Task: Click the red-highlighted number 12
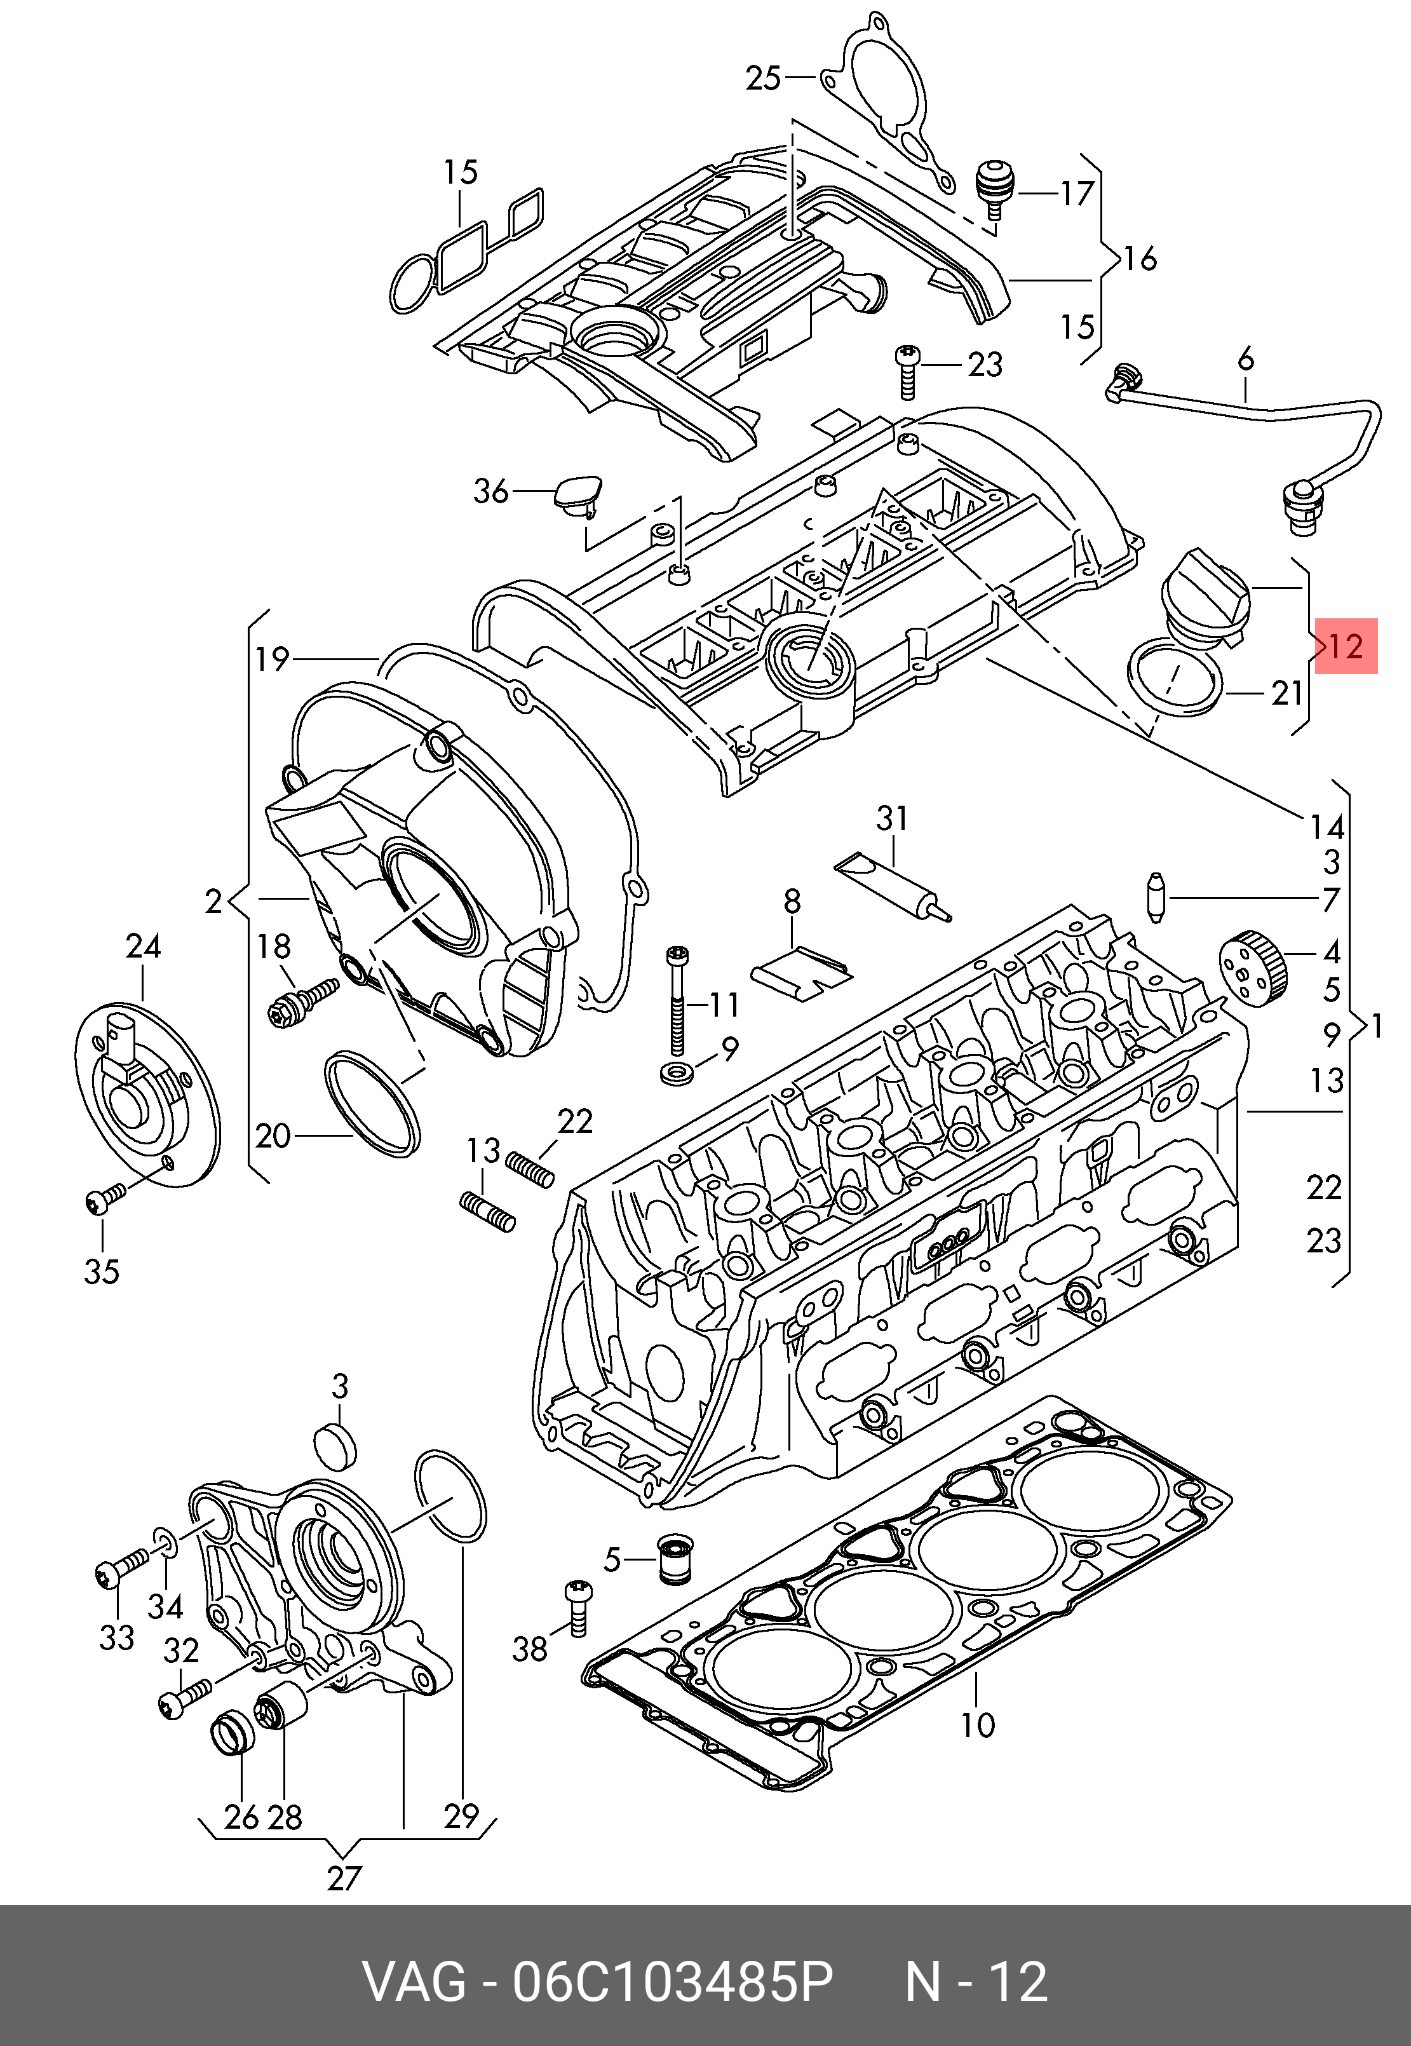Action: click(1346, 646)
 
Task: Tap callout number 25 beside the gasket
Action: click(763, 79)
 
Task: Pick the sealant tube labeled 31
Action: click(894, 888)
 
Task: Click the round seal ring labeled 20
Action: click(372, 1102)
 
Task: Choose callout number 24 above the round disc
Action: click(143, 947)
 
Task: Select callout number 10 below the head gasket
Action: click(977, 1725)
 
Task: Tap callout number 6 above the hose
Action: click(1246, 360)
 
